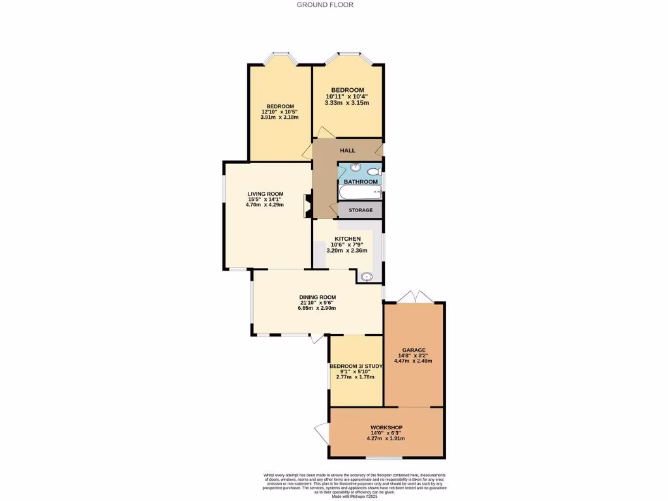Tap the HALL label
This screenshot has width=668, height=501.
pyautogui.click(x=348, y=151)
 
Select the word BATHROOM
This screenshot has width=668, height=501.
pyautogui.click(x=361, y=181)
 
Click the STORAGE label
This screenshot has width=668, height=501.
pyautogui.click(x=361, y=210)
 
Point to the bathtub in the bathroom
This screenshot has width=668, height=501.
pyautogui.click(x=359, y=192)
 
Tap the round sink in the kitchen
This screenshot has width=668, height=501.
pyautogui.click(x=367, y=277)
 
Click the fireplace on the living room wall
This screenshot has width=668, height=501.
pyautogui.click(x=307, y=206)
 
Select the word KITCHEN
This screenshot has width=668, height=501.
pyautogui.click(x=348, y=239)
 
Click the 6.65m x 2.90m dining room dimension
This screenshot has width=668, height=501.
pyautogui.click(x=318, y=308)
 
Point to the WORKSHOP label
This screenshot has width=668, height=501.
pyautogui.click(x=387, y=427)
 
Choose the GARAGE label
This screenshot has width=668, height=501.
pyautogui.click(x=414, y=350)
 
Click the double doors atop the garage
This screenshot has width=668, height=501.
pyautogui.click(x=416, y=297)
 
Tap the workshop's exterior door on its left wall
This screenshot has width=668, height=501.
pyautogui.click(x=322, y=433)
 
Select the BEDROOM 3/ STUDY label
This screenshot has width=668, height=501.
pyautogui.click(x=356, y=367)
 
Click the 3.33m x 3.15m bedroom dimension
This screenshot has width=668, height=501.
pyautogui.click(x=348, y=103)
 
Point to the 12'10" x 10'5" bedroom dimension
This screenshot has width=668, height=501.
pyautogui.click(x=280, y=112)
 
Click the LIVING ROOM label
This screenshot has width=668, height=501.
pyautogui.click(x=266, y=194)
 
